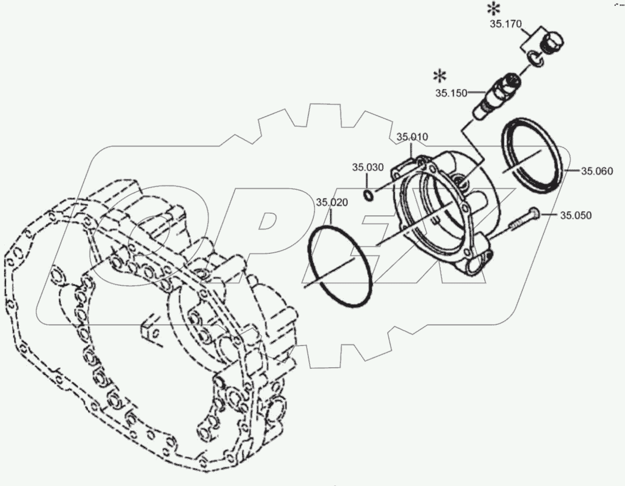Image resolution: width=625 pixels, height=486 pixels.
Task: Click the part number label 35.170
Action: (x=506, y=24)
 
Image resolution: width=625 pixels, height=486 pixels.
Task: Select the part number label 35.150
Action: (x=451, y=93)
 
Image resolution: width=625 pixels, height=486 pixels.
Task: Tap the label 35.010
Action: (x=412, y=137)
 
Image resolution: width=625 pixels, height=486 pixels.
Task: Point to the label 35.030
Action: (x=368, y=167)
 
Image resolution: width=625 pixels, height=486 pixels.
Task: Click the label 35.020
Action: (x=332, y=202)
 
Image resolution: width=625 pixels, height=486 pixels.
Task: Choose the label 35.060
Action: (x=597, y=171)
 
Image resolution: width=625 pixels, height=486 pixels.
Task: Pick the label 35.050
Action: (x=576, y=215)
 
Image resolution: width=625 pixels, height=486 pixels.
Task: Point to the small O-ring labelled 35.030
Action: (x=368, y=195)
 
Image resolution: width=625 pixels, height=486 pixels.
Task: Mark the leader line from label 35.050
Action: (x=549, y=215)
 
